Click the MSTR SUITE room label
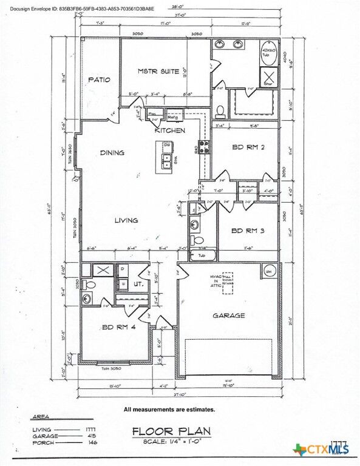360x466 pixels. [158, 72]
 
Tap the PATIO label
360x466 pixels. [99, 79]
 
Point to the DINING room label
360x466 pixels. [112, 153]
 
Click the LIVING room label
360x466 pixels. [126, 220]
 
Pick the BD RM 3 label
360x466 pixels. [247, 230]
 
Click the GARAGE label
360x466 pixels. [228, 316]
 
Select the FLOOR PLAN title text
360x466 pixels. [171, 431]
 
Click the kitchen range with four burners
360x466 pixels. [204, 146]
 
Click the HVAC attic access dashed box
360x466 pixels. [228, 283]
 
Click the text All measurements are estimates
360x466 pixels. [169, 410]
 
